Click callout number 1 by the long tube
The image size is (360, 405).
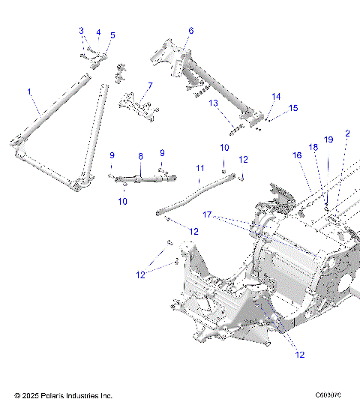pos(29,91)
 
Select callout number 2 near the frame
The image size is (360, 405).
pos(347,133)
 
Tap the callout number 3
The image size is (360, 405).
pos(82,31)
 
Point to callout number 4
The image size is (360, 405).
pos(97,34)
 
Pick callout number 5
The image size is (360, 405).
pos(112,35)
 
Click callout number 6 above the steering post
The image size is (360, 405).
pos(190,31)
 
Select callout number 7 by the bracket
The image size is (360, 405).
pos(150,85)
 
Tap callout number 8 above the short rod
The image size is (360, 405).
pos(139,156)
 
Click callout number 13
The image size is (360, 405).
pos(213,103)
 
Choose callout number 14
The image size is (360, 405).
pos(276,96)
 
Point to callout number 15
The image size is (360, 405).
pos(293,108)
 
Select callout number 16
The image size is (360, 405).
pos(297,155)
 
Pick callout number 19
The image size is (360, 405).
pos(328,139)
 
